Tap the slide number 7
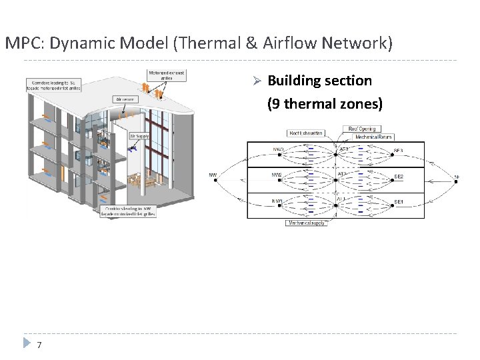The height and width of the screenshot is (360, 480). pos(39,345)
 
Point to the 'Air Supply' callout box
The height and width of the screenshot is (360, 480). pos(139,136)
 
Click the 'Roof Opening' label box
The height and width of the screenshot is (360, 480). pos(361,129)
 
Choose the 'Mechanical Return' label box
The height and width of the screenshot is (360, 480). pos(374,137)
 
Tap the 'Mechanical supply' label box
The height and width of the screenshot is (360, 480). pos(306,223)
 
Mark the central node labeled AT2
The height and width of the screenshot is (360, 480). pos(337,180)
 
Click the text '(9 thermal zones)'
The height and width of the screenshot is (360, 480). pos(325,104)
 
